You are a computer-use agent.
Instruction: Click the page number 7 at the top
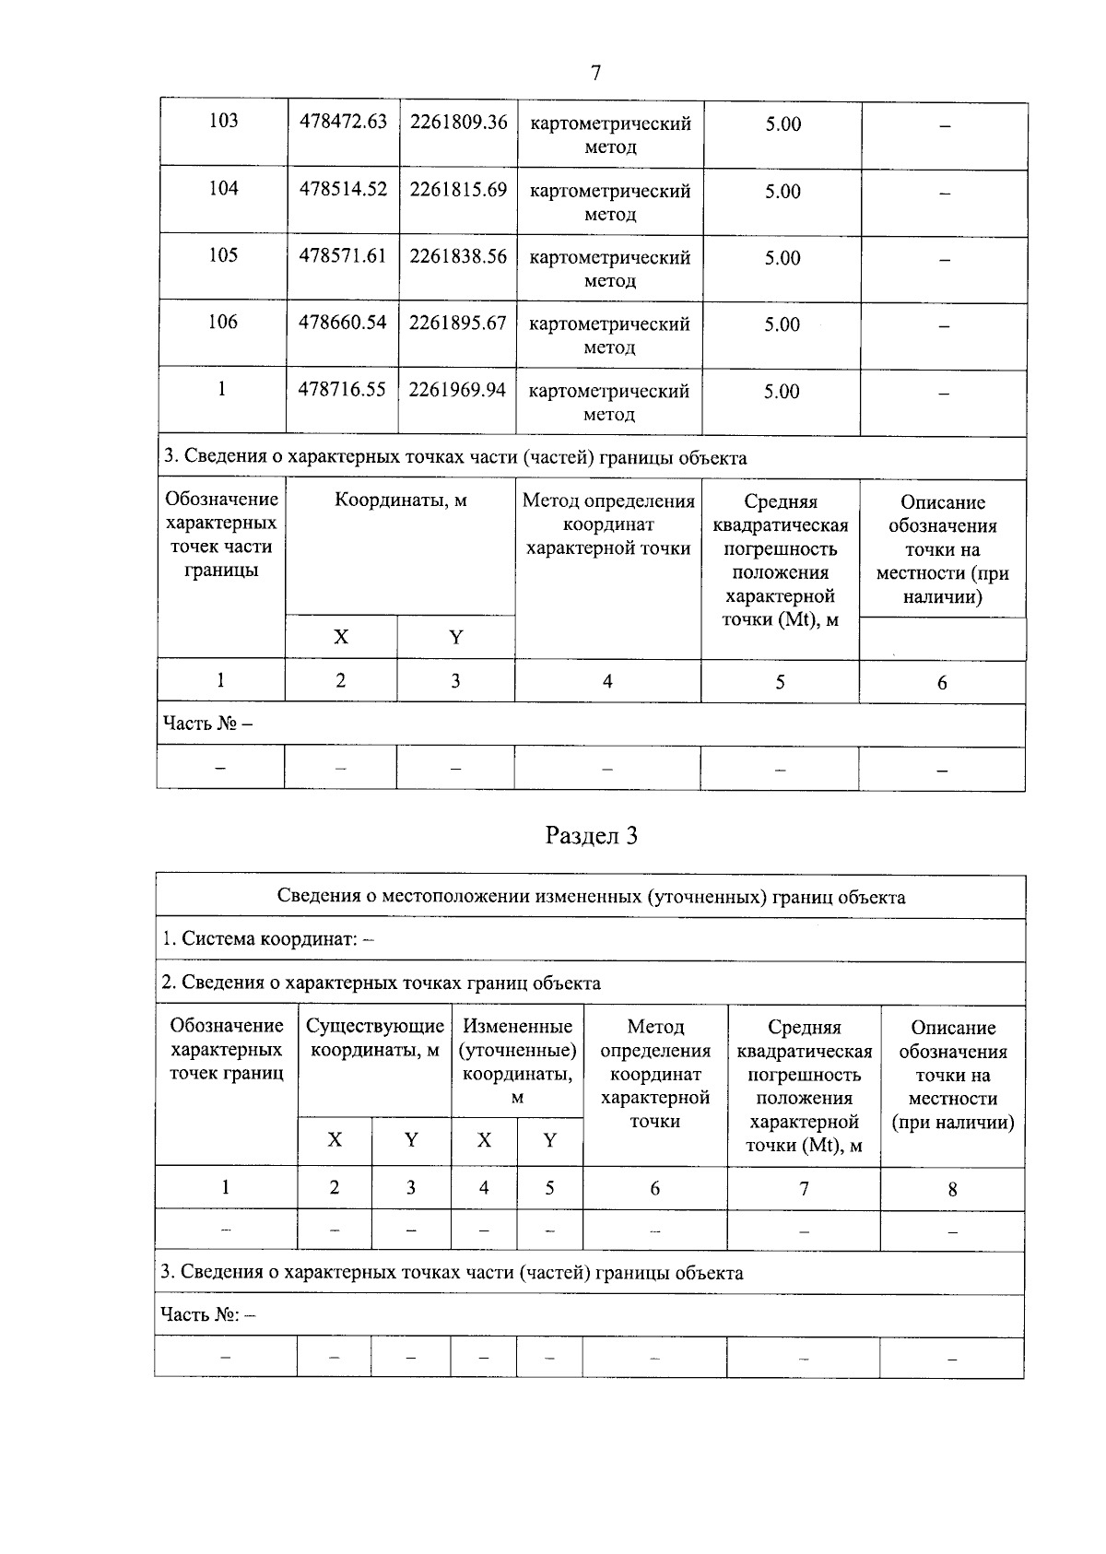tap(595, 73)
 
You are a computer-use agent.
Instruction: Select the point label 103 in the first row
tap(223, 121)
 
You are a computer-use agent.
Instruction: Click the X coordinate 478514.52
tap(343, 189)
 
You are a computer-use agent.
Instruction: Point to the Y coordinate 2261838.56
tap(458, 256)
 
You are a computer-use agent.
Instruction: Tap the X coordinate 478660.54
tap(342, 323)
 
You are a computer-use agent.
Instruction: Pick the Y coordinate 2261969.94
tap(457, 390)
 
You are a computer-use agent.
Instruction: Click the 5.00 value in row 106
tap(782, 324)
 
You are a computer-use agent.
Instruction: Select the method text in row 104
tap(609, 202)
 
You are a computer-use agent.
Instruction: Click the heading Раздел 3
tap(592, 836)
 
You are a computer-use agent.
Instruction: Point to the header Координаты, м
tap(400, 500)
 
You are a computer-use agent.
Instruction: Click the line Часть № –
tap(207, 724)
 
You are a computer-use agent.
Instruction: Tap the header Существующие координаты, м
tap(374, 1038)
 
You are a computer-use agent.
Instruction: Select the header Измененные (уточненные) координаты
tap(517, 1061)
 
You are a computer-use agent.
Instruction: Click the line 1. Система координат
tap(268, 939)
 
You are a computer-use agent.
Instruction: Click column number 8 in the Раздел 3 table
tap(952, 1189)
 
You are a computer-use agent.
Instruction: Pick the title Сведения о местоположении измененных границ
tap(591, 897)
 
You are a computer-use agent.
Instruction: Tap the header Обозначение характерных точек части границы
tap(221, 535)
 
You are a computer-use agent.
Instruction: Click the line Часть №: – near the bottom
tap(207, 1314)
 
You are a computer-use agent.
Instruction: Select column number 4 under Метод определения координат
tap(607, 682)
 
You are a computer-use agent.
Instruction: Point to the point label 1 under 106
tap(221, 389)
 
